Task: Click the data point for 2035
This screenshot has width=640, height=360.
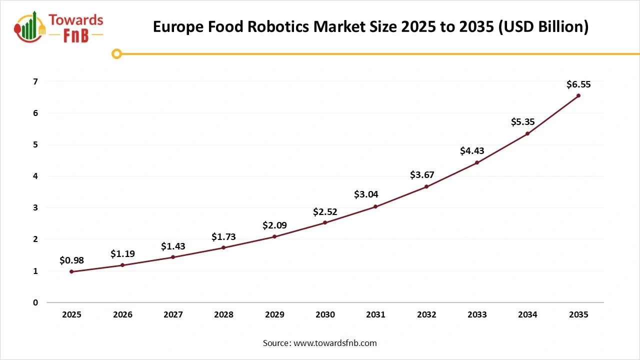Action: coord(578,95)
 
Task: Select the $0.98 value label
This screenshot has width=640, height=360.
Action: coord(71,260)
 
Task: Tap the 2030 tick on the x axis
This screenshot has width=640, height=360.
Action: coord(325,314)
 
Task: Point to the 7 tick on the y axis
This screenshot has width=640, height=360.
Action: coord(35,81)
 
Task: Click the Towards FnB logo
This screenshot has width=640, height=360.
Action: coord(59,28)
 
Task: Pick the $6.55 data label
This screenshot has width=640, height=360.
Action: coord(578,84)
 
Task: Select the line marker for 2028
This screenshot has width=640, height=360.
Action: coord(223,247)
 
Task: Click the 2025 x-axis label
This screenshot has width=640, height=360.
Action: coord(71,314)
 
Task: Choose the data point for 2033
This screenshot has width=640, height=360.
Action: coord(477,162)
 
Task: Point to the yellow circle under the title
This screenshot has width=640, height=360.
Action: coord(116,53)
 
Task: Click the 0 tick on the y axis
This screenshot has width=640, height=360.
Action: coord(35,302)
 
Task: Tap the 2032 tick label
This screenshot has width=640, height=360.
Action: coord(426,314)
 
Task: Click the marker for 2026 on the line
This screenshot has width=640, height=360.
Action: coord(122,265)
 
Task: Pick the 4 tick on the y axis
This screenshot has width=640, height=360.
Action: coord(35,176)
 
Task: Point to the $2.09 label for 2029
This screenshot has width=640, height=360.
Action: coord(274,225)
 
